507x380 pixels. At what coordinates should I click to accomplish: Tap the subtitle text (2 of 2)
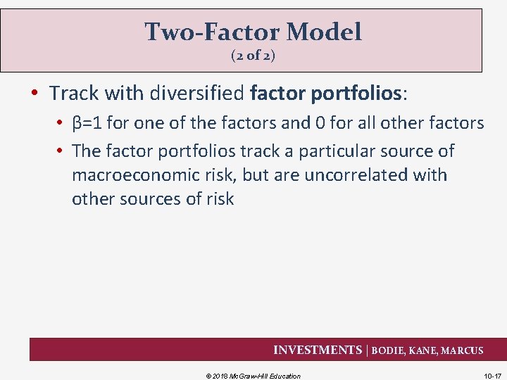(253, 56)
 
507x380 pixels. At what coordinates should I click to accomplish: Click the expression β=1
(87, 124)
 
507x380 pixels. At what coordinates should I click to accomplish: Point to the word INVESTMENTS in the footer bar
(316, 350)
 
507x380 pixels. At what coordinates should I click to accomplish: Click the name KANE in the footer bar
(425, 350)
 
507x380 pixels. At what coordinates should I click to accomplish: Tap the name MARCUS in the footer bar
(463, 350)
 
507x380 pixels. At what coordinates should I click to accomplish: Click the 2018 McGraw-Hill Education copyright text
(253, 376)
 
